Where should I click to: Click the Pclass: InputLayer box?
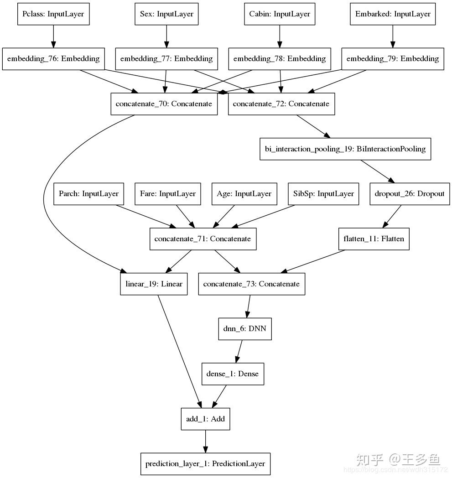point(53,14)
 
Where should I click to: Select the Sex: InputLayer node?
point(166,14)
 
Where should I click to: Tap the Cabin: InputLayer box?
point(280,14)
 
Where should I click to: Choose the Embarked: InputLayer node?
point(393,14)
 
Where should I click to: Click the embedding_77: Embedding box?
point(166,59)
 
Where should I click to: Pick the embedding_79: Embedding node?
point(393,59)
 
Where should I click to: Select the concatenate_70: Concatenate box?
point(164,104)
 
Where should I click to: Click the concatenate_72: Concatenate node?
point(281,104)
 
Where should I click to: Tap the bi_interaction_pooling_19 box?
point(345,149)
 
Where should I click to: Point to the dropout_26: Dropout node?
point(410,194)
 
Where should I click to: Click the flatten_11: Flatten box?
point(374,239)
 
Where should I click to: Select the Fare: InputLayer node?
point(167,194)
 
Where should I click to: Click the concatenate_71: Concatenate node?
point(203,239)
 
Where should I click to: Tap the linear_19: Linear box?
point(154,284)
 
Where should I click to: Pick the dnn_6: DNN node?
point(245,329)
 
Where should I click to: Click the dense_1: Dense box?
point(232,374)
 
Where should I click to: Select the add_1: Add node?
point(205,419)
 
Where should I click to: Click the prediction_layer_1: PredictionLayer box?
point(205,464)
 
